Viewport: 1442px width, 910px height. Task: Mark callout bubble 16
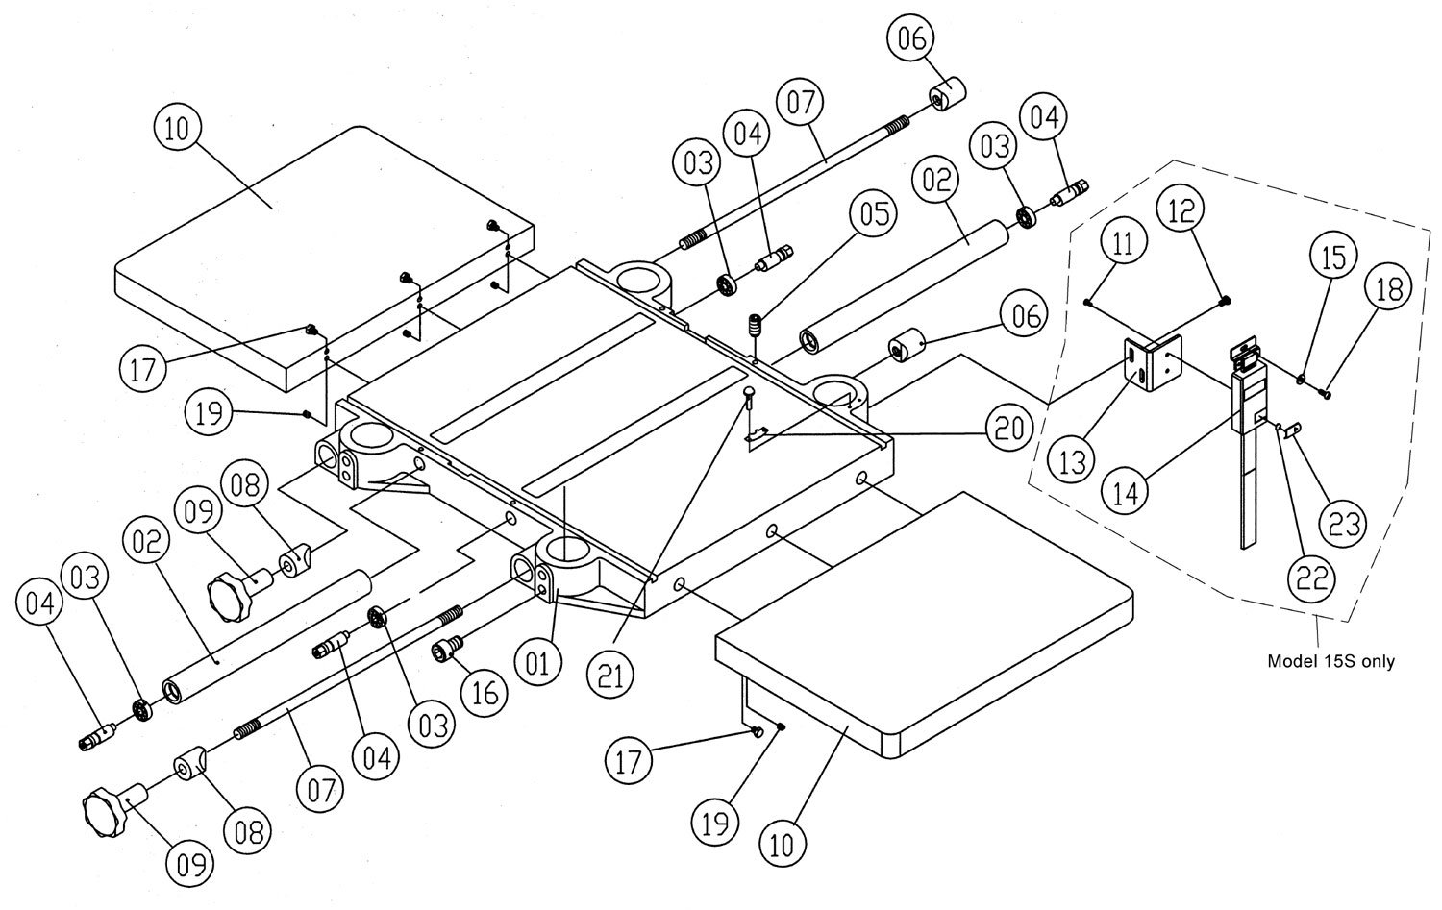[484, 690]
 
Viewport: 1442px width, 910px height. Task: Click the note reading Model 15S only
[1330, 661]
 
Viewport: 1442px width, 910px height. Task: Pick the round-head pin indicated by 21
[748, 393]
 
